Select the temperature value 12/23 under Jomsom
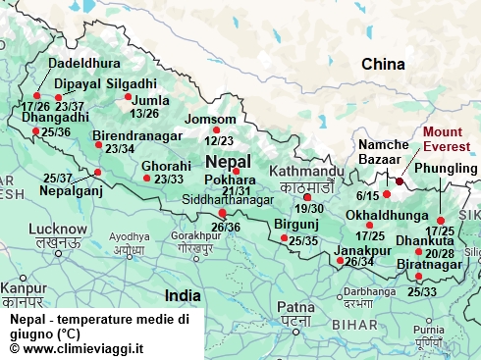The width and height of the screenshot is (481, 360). click(x=219, y=141)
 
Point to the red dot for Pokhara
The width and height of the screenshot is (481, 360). click(x=236, y=172)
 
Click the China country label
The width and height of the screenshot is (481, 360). click(x=383, y=65)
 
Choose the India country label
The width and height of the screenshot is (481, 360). click(x=183, y=294)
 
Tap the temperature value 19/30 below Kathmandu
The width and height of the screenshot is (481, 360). click(x=309, y=209)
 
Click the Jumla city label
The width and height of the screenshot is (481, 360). click(x=137, y=100)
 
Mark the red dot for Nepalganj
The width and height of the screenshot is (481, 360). click(x=97, y=173)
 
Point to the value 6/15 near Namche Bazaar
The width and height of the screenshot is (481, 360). click(x=369, y=195)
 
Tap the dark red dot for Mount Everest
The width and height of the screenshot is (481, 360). click(x=400, y=180)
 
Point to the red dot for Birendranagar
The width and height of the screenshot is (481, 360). click(x=98, y=145)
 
